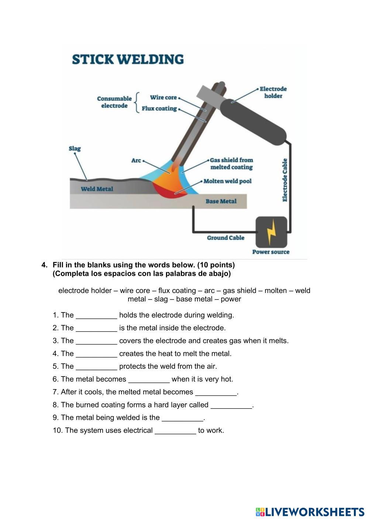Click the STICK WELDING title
click(x=128, y=59)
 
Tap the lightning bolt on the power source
click(x=271, y=232)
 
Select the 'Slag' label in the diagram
click(x=75, y=149)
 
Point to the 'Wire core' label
click(x=163, y=98)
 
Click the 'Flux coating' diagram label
click(x=159, y=109)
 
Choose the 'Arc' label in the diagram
click(x=136, y=161)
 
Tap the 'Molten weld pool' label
click(x=227, y=181)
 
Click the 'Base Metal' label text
click(x=221, y=201)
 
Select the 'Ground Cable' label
click(x=225, y=238)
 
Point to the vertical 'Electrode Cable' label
click(x=285, y=180)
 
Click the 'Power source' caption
click(x=271, y=252)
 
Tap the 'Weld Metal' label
click(x=97, y=189)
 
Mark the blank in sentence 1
click(x=96, y=315)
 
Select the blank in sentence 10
click(x=175, y=431)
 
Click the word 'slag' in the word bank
click(x=161, y=299)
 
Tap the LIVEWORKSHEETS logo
click(x=310, y=512)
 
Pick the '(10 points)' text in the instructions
click(x=216, y=265)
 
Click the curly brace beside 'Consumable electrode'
click(x=137, y=102)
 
